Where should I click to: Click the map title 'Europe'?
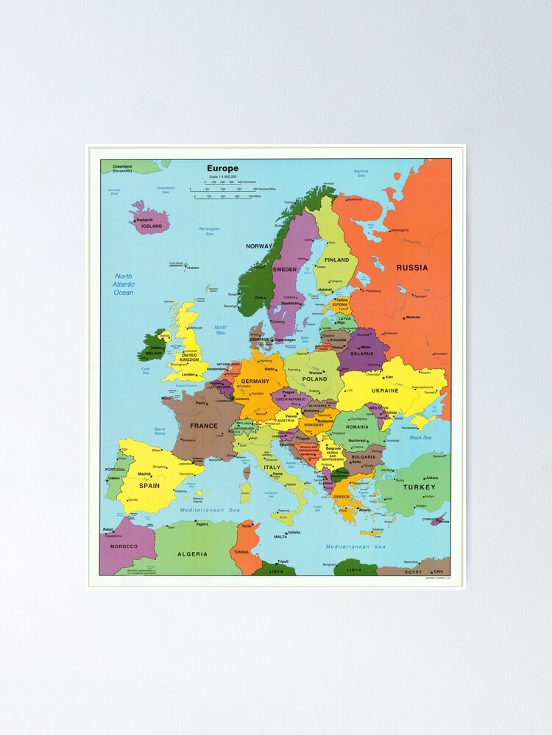(x=222, y=168)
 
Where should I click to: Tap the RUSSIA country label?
(x=412, y=268)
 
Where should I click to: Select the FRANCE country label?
(x=204, y=426)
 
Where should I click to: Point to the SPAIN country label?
(x=149, y=485)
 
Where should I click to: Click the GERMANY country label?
(x=255, y=381)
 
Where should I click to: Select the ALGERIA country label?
(x=192, y=553)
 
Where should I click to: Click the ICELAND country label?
(x=152, y=226)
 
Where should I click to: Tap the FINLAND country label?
(x=337, y=259)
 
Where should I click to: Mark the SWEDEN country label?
(x=285, y=270)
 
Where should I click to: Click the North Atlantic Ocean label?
(x=123, y=284)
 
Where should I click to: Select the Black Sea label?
(x=420, y=437)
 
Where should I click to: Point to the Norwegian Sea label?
(x=210, y=232)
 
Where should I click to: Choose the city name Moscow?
(x=413, y=317)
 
